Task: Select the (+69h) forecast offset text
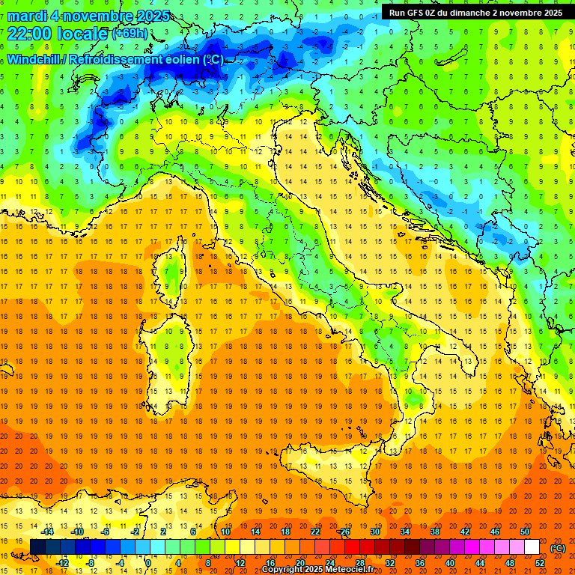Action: pos(130,34)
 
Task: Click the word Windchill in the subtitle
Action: pos(34,59)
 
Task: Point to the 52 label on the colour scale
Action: pos(540,562)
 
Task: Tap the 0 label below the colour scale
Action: pos(148,562)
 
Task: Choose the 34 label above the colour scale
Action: pos(404,531)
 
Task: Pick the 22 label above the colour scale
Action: pos(315,531)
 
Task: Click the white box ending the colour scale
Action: pos(532,547)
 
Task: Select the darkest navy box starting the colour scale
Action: pos(37,547)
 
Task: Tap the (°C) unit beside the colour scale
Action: pos(558,547)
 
